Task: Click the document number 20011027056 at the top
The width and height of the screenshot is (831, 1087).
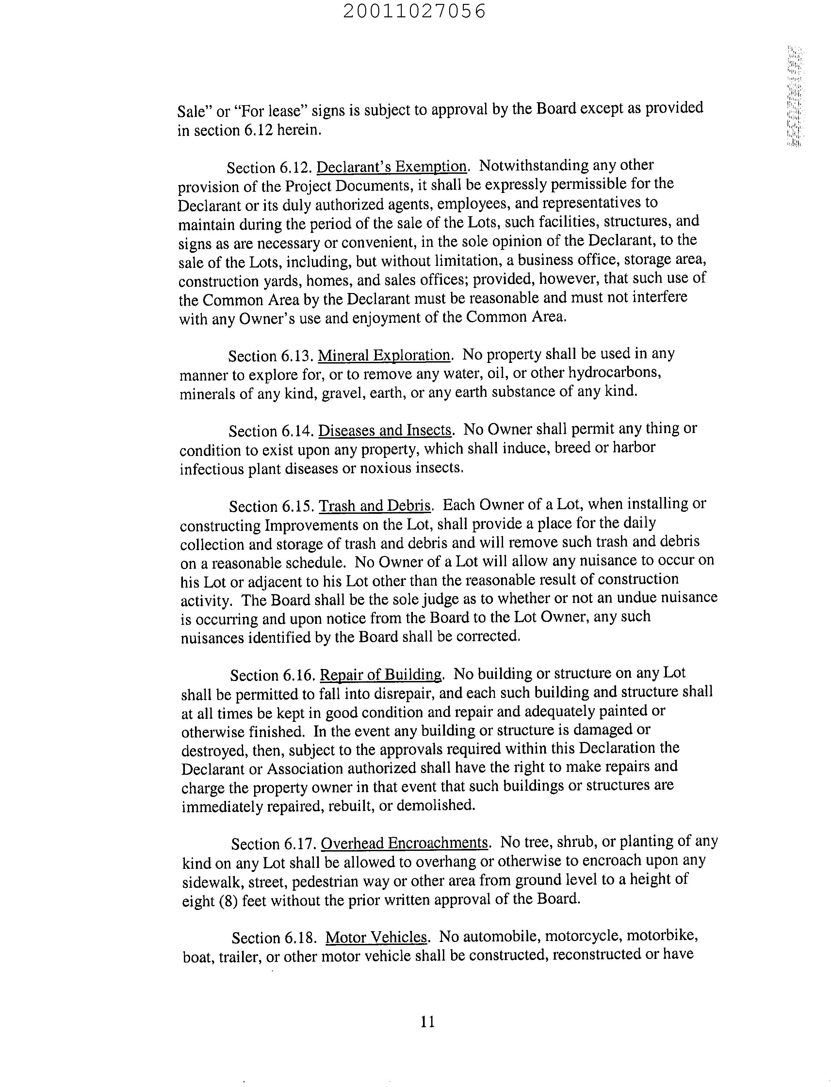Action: (415, 11)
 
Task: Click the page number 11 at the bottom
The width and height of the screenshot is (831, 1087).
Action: (427, 1021)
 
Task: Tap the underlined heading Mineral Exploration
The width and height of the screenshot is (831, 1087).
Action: (384, 355)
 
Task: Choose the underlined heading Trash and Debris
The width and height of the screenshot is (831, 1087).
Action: (375, 505)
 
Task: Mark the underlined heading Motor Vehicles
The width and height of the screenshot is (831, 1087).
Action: (376, 937)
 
